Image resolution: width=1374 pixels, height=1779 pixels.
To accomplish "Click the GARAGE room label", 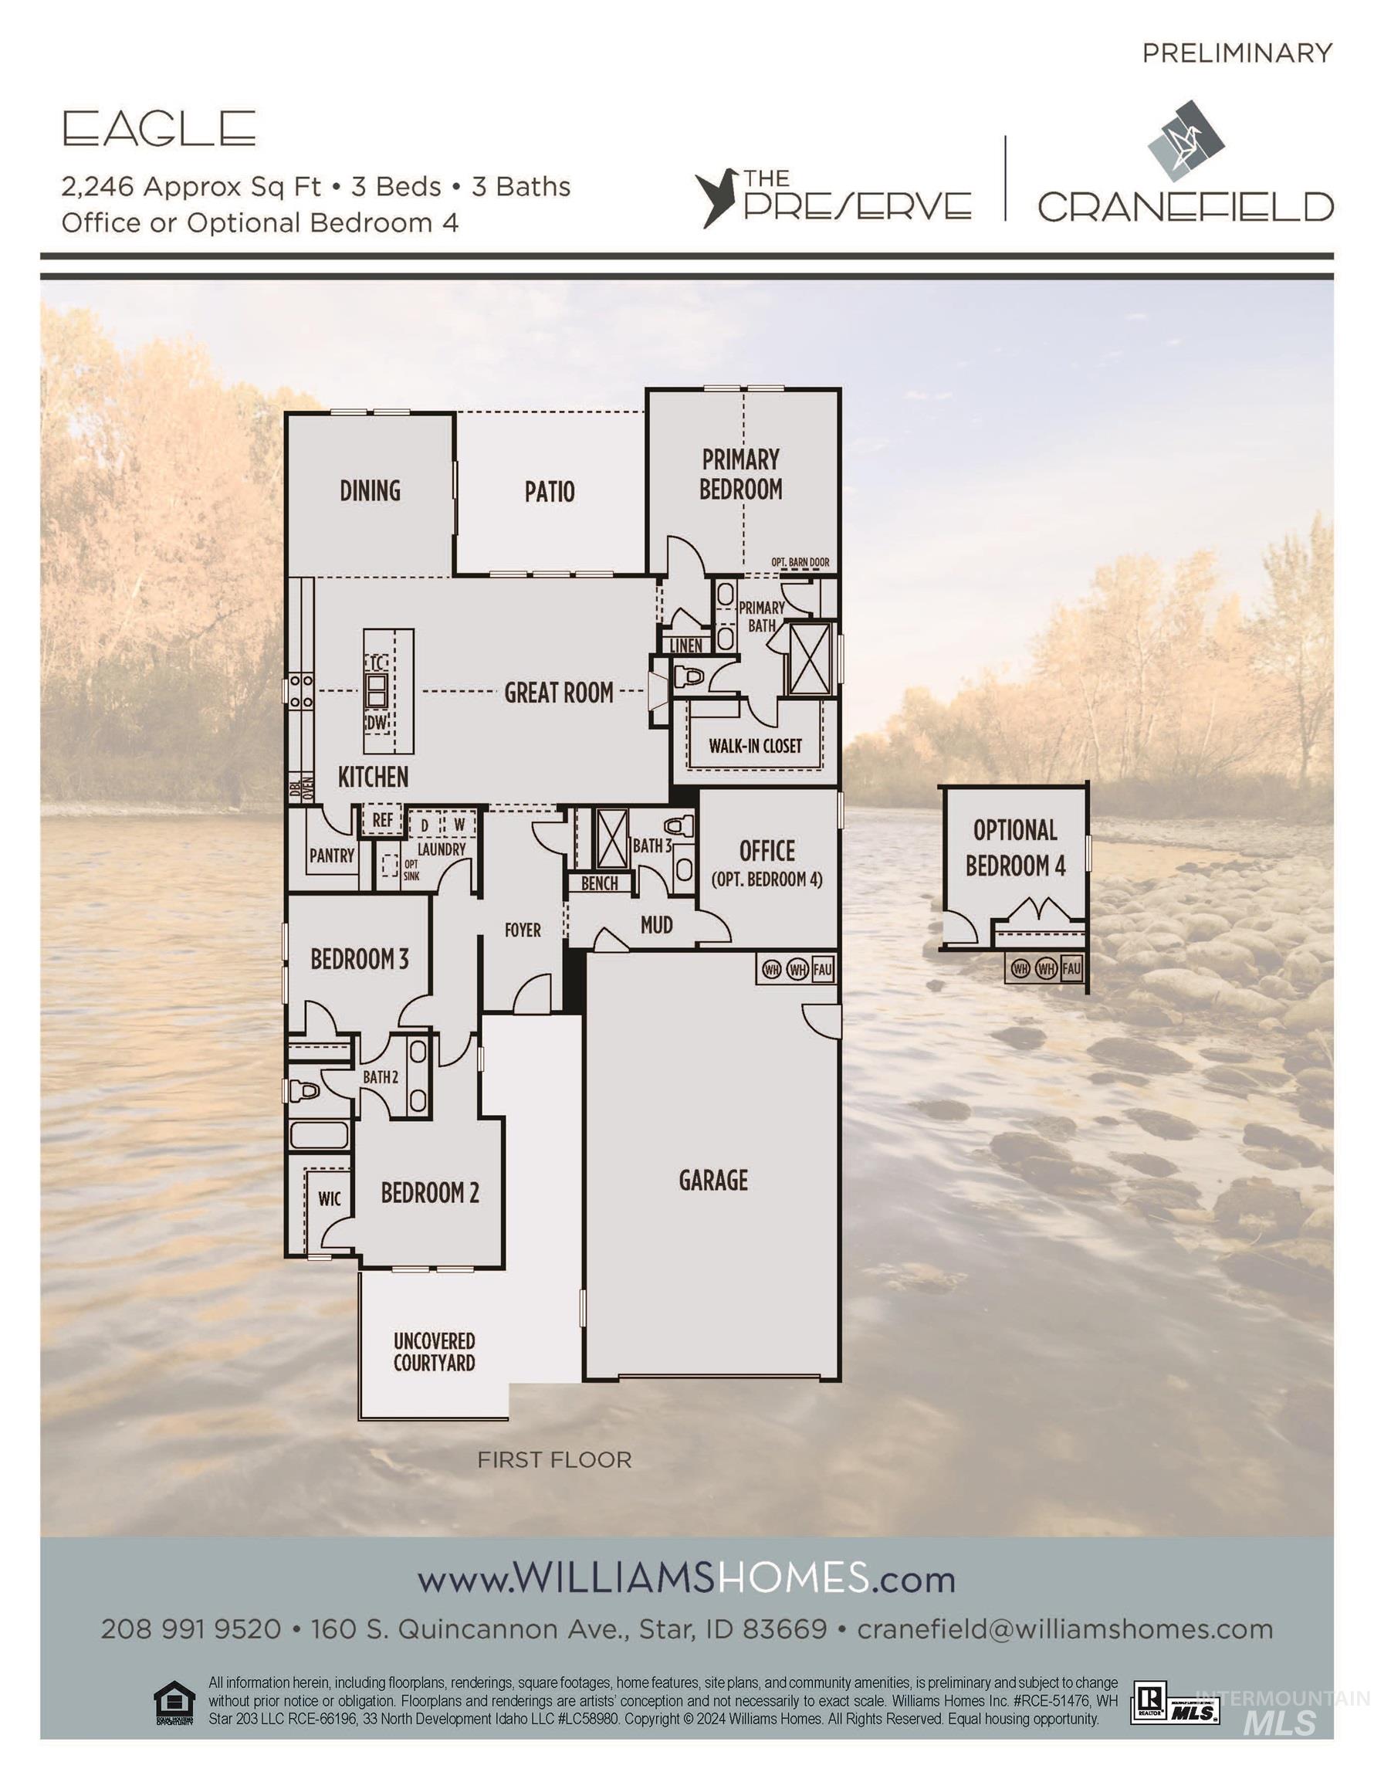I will click(712, 1181).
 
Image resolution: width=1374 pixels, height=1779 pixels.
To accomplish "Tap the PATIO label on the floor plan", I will click(550, 491).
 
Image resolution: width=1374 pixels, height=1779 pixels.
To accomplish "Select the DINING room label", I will click(370, 490).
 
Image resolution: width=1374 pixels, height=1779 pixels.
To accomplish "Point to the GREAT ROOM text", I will click(559, 693).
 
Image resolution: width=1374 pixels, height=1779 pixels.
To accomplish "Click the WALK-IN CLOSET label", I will click(755, 745).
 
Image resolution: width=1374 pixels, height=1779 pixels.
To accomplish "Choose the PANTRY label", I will click(331, 856).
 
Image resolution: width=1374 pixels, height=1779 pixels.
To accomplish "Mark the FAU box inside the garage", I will click(823, 969).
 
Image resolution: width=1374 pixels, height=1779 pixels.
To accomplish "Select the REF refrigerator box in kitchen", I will click(383, 820).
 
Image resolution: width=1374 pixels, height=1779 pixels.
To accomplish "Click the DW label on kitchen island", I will click(376, 723).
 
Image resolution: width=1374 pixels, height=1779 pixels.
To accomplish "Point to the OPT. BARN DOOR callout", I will click(800, 562).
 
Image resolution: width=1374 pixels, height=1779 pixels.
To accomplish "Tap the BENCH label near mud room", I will click(600, 883).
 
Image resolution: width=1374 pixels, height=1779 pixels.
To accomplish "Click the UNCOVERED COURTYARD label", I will click(434, 1352).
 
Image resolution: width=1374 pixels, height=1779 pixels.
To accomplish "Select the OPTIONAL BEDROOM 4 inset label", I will click(1015, 848).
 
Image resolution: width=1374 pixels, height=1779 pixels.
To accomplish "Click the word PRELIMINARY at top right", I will click(1237, 53).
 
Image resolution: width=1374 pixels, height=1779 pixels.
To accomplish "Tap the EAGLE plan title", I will click(160, 129).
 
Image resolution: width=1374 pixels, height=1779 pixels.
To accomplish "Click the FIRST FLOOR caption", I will click(553, 1459).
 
